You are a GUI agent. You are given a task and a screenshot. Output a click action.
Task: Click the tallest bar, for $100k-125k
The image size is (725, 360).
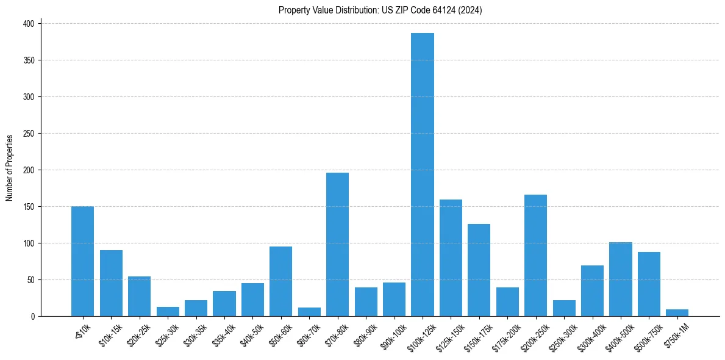pyautogui.click(x=423, y=175)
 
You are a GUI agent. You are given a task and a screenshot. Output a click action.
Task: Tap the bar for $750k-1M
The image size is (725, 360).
pyautogui.click(x=677, y=313)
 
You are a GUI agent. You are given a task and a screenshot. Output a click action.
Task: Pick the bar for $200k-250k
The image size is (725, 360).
pyautogui.click(x=535, y=255)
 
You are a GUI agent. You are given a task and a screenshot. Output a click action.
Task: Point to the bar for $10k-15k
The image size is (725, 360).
pyautogui.click(x=111, y=283)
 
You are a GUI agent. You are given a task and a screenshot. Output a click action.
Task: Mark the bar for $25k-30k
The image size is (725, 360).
pyautogui.click(x=168, y=312)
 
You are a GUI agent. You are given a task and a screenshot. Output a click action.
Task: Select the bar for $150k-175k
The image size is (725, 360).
pyautogui.click(x=479, y=270)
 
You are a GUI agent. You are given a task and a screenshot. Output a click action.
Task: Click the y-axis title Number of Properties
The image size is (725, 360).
pyautogui.click(x=9, y=168)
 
